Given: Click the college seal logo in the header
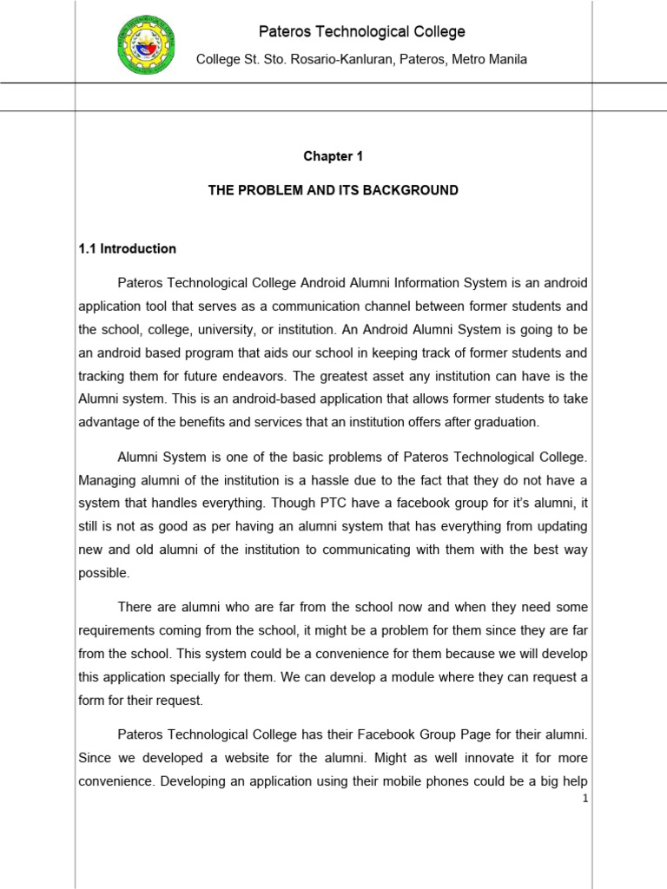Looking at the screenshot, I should point(146,44).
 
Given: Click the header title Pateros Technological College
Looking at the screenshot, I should point(362,32).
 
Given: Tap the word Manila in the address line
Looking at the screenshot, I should point(506,59).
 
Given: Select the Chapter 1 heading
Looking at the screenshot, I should point(333,156).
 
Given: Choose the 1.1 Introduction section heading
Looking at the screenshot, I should point(127,248).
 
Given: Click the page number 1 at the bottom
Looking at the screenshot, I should point(586,799).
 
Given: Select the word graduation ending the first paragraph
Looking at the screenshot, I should point(502,422).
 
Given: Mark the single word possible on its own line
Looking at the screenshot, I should point(104,573).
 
